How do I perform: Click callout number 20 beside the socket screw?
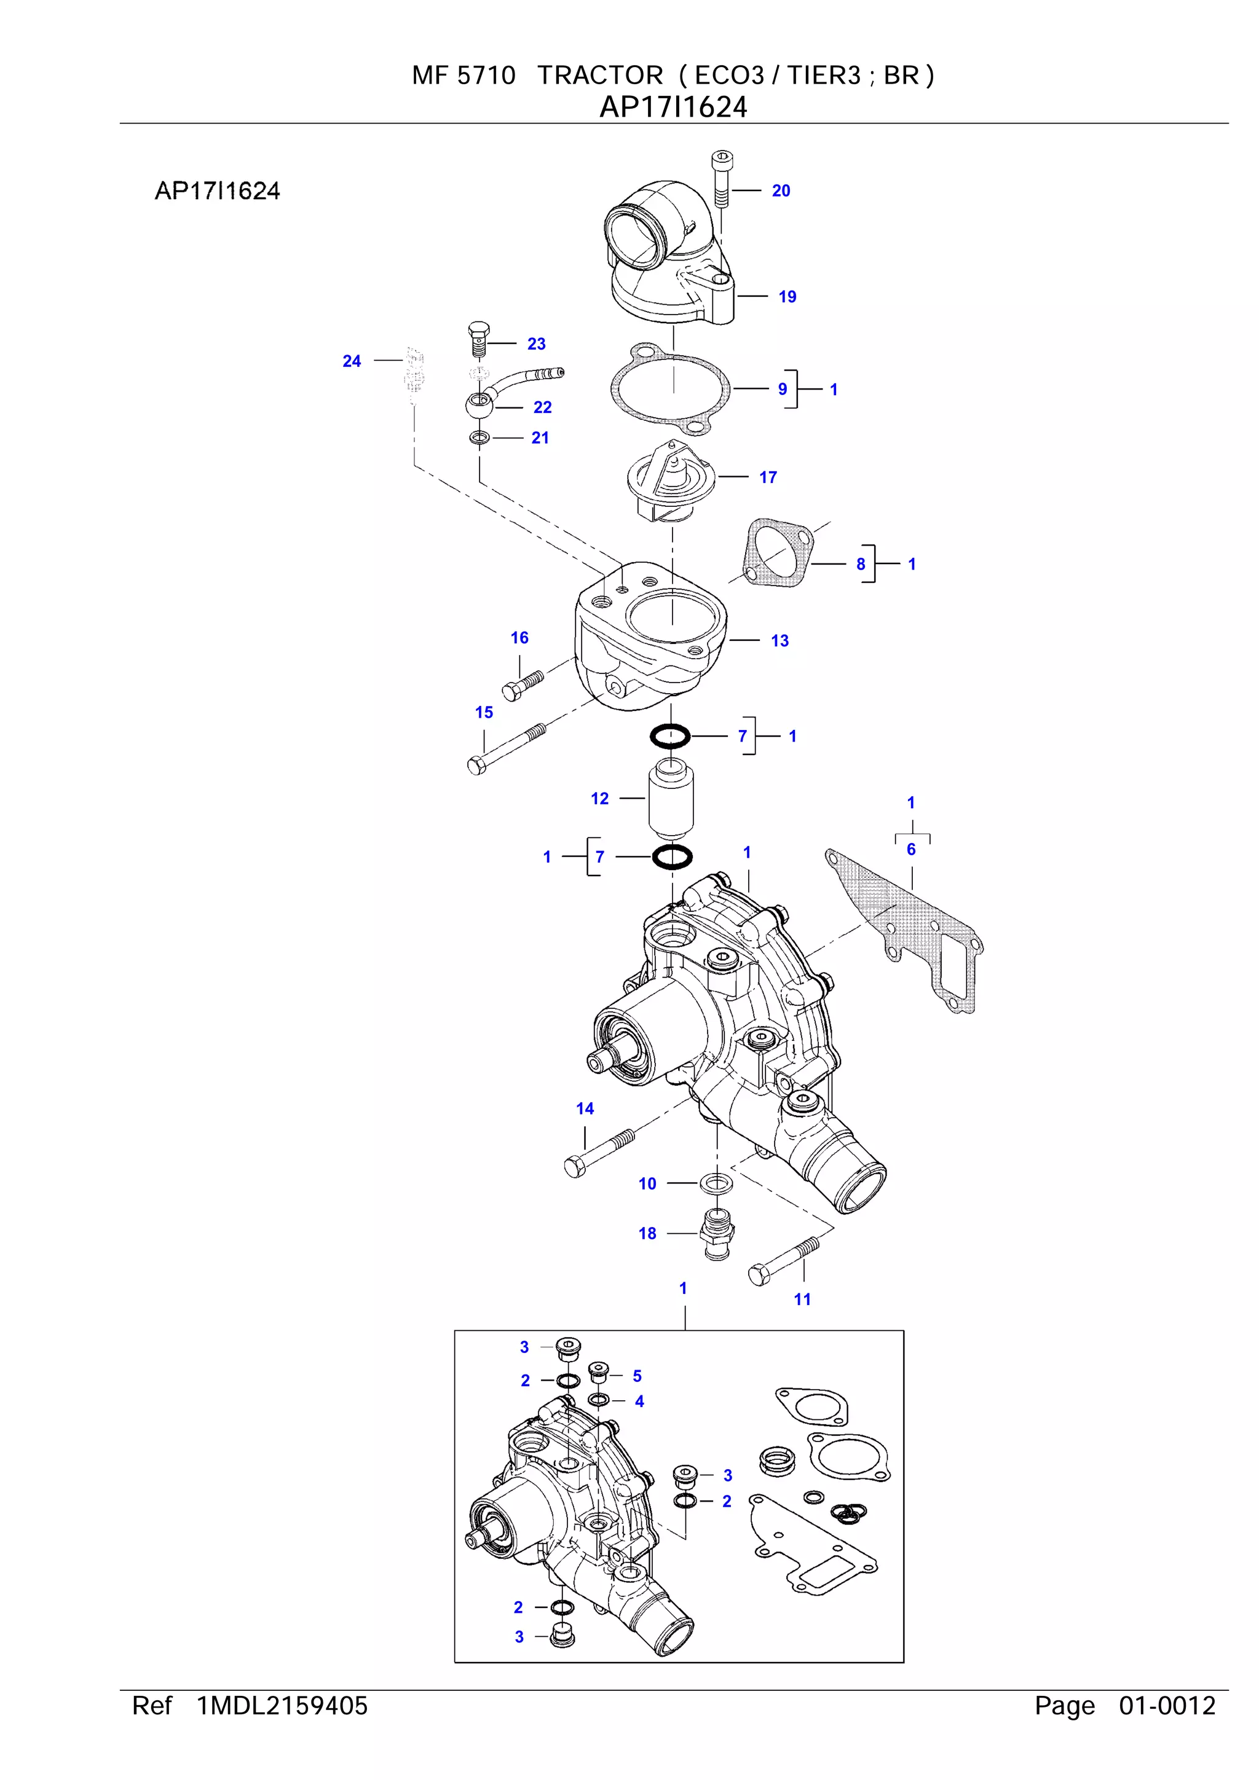pos(780,190)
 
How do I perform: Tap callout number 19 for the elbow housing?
pos(787,297)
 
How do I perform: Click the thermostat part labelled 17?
pos(669,480)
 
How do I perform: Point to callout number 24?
pos(352,361)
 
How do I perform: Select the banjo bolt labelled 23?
pos(479,340)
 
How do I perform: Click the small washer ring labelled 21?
pos(480,439)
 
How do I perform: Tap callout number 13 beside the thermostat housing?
pos(779,641)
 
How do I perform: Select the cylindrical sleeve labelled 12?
pos(671,799)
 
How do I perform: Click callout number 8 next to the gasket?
pos(860,565)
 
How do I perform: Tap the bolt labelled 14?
pos(598,1155)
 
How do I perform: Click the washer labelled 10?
pos(716,1184)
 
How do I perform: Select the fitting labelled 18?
pos(716,1232)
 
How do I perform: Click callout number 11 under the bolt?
pos(802,1300)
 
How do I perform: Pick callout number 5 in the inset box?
pos(636,1376)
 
